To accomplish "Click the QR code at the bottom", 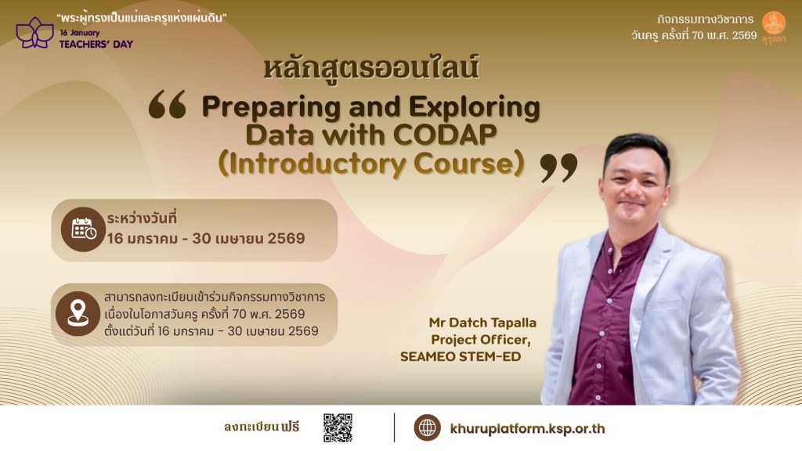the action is pos(338,428).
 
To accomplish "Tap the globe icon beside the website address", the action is pos(427,428).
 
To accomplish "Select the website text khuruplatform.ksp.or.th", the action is pos(527,428).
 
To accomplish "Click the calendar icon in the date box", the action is pos(83,229).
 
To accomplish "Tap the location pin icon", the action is pos(78,313).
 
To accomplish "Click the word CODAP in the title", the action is pos(445,135).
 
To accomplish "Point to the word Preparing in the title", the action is pos(272,108).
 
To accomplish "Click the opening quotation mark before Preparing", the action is pos(168,104).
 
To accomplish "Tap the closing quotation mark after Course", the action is pos(558,168).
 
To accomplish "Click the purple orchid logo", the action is pos(34,33).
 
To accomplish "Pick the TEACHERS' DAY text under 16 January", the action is pos(96,44).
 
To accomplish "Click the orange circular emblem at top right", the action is pos(773,23).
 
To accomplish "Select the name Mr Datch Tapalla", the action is pos(482,323).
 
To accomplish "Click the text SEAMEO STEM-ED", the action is pos(461,356).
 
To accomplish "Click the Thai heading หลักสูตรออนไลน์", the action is pos(371,69).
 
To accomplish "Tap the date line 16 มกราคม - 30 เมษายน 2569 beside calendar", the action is pos(206,238).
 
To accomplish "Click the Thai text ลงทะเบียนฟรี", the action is pos(262,427).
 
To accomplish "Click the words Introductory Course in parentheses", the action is pos(371,164).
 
